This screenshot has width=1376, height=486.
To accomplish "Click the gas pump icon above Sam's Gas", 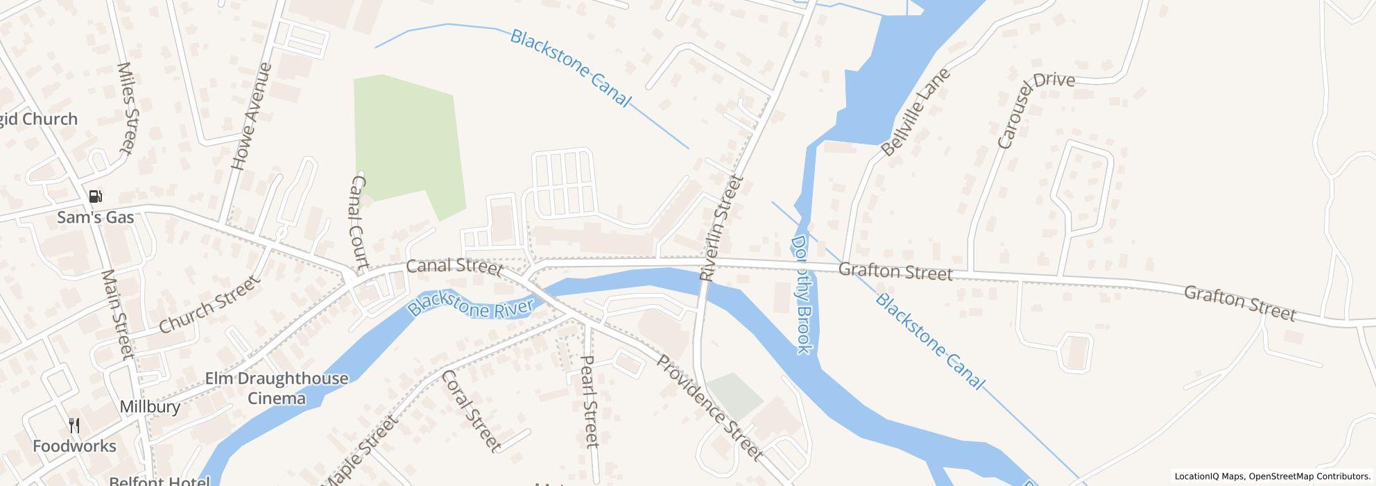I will (96, 196).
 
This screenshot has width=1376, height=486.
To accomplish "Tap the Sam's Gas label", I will (95, 218).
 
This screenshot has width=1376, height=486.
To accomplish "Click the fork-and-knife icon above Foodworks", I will (74, 426).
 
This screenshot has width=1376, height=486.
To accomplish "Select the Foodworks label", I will (74, 446).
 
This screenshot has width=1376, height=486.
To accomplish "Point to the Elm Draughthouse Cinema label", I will (277, 388).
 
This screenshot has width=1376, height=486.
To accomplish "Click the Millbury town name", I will (150, 407).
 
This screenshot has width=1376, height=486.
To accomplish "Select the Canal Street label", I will (454, 267).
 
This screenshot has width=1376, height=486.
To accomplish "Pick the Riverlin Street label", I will (721, 228).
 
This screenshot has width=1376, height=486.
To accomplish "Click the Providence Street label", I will (709, 408).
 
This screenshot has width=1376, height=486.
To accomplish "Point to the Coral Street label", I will (471, 410).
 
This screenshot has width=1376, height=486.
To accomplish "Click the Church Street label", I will (209, 304).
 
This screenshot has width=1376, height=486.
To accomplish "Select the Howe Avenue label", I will (251, 117).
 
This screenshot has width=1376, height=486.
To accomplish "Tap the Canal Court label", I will (358, 222).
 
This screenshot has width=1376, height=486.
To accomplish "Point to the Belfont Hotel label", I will (159, 481).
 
